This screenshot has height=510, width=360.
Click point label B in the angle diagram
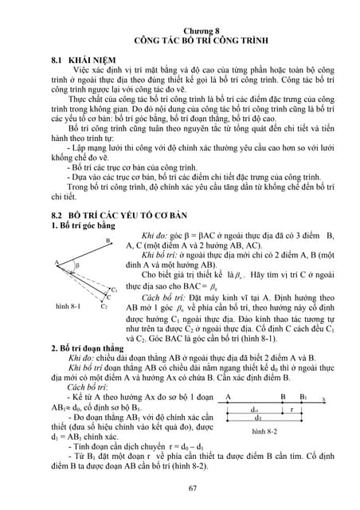coord(107,240)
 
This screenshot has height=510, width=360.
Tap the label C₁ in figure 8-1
coord(115,290)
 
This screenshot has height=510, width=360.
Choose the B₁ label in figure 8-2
coord(303,396)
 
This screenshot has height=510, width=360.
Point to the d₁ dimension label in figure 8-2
coord(257,418)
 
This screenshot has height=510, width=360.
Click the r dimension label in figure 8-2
coord(292,409)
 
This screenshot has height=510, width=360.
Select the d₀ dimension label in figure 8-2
coord(253,409)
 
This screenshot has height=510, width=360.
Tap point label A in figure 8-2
coord(229,396)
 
